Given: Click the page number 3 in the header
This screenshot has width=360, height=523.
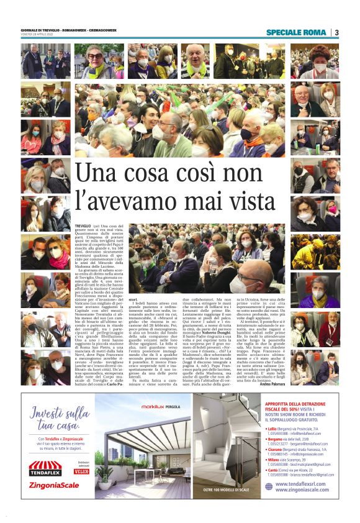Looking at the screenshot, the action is [336, 32].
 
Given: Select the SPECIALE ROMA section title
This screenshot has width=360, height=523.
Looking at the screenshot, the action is [297, 32].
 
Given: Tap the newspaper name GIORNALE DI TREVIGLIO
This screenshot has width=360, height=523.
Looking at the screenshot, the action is [43, 30].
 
